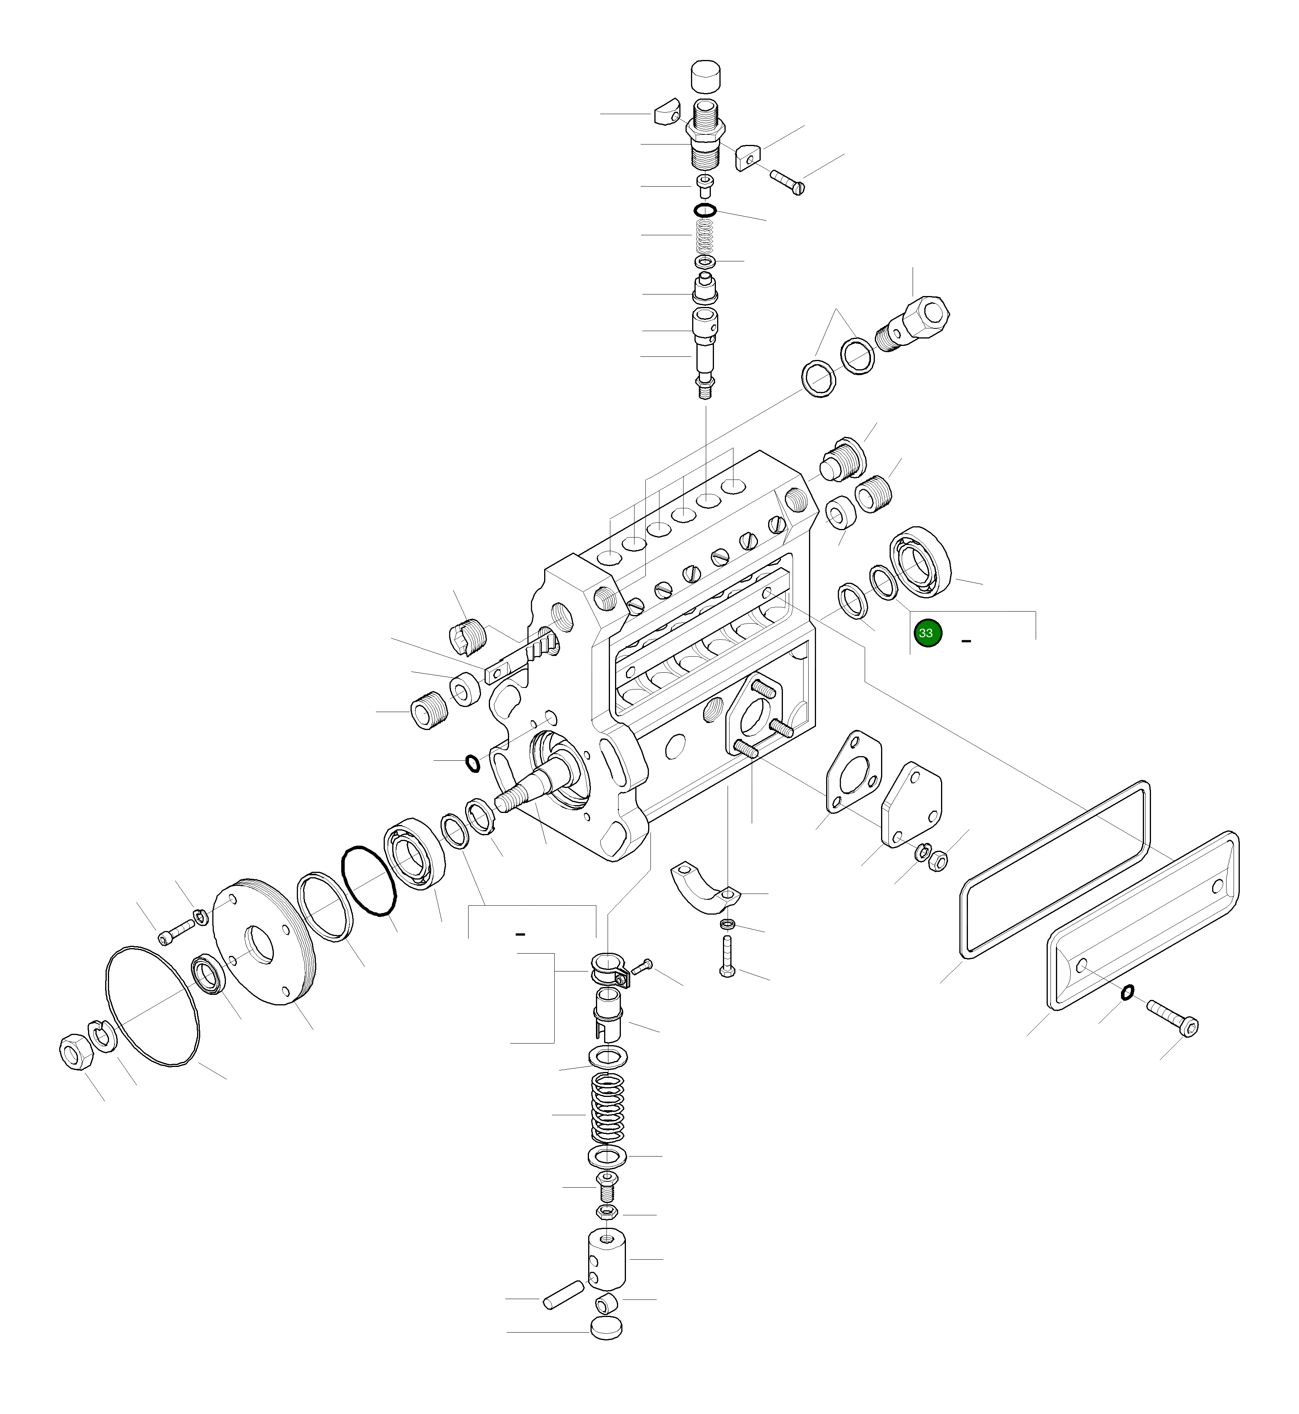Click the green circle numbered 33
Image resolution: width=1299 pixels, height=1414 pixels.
927,633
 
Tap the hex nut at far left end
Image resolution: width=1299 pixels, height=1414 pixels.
73,1053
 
